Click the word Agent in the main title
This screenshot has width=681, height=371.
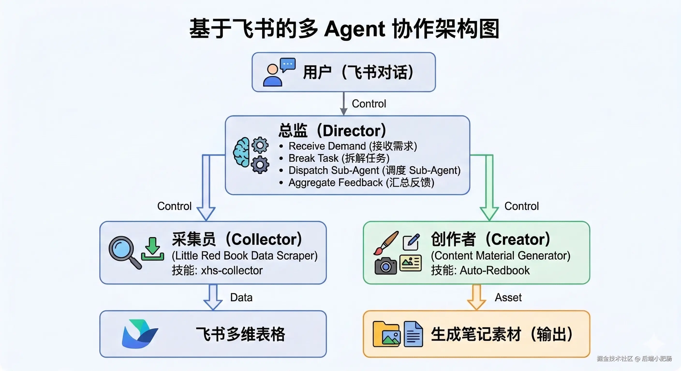(354, 29)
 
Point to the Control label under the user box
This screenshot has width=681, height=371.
(369, 104)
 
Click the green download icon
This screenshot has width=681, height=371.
(153, 249)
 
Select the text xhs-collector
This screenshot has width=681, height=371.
(232, 270)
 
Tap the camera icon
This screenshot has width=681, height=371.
(386, 266)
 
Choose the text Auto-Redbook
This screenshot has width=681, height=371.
(495, 270)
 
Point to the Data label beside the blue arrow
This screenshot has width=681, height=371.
(241, 298)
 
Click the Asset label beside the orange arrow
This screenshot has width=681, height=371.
(508, 298)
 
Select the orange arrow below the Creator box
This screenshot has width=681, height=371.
(476, 297)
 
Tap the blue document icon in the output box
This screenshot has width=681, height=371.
(413, 334)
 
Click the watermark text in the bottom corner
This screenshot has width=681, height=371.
(634, 359)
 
